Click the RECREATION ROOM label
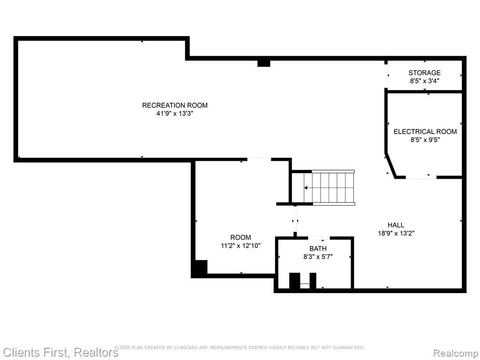[175, 105]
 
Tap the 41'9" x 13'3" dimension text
[175, 114]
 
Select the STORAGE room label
[425, 73]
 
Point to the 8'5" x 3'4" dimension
[425, 81]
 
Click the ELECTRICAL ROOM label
[425, 132]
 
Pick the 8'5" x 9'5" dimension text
[425, 140]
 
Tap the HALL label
[396, 225]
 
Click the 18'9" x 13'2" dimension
[396, 233]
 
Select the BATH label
[318, 248]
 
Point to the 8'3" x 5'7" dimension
[318, 257]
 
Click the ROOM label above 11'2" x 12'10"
[240, 237]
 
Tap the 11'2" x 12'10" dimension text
[240, 246]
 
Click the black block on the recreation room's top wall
[263, 63]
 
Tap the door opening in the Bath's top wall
[319, 238]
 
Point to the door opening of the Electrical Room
[421, 177]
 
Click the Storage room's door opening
[387, 76]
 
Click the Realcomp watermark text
[456, 353]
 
